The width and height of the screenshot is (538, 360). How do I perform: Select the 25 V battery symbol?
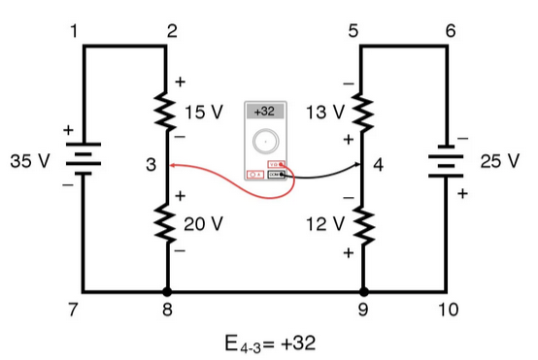click(x=447, y=161)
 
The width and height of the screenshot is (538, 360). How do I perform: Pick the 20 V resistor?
click(x=168, y=224)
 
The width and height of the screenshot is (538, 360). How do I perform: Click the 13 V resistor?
click(x=363, y=113)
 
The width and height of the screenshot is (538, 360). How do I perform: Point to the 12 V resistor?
click(x=363, y=224)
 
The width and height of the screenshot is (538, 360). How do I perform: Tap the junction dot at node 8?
click(x=168, y=290)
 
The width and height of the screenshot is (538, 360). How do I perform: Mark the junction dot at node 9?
click(x=363, y=290)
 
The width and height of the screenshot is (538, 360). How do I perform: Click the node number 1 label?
click(x=74, y=31)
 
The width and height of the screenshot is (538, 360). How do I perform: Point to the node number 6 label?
click(x=450, y=31)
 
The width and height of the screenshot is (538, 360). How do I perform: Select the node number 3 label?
click(x=151, y=166)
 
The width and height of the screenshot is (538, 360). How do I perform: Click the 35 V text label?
click(x=29, y=160)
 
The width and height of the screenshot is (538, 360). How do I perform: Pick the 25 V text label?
click(x=500, y=160)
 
